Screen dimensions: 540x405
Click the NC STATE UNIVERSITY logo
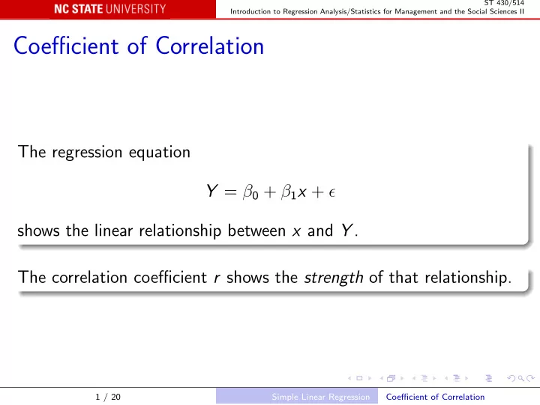[109, 9]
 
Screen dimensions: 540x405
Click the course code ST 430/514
[504, 3]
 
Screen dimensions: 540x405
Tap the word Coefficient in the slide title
[66, 46]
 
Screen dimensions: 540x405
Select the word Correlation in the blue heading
[210, 46]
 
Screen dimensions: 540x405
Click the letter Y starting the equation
[211, 190]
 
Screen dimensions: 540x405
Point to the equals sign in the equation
[230, 192]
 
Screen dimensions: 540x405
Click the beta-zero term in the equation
[250, 192]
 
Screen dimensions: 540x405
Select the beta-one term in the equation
[289, 192]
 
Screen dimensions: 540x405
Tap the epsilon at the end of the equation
[332, 192]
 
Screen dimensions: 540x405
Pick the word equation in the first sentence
[160, 153]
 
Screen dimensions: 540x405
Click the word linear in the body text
[114, 231]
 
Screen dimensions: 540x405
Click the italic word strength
[333, 278]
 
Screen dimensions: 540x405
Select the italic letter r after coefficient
[217, 278]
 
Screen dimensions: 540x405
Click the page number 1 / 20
[108, 397]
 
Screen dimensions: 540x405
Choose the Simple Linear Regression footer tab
[321, 397]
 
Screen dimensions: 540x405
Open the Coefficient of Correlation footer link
[435, 397]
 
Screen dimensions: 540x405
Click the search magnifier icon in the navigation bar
[521, 378]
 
